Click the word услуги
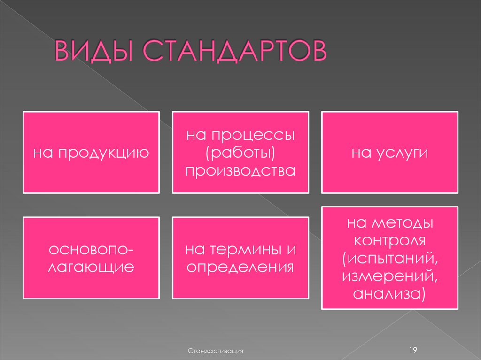402,153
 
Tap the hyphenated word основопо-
91,250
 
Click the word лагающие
91,267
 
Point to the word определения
240,267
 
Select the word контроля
390,241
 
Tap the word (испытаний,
390,258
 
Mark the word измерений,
390,276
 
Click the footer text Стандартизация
216,350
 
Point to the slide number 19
413,349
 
